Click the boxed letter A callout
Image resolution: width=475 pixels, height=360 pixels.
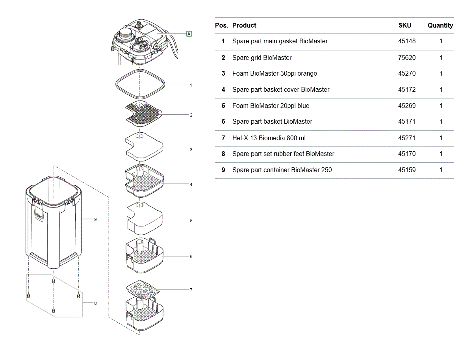189,34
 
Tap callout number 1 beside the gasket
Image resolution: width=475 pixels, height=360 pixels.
191,85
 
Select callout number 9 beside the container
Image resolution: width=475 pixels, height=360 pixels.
95,219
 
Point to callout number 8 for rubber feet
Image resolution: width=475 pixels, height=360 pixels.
95,303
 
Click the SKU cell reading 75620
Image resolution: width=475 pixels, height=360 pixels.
406,58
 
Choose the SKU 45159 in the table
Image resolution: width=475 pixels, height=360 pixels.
406,170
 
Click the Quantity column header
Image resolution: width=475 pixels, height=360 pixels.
440,25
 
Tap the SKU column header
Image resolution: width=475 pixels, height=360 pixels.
404,25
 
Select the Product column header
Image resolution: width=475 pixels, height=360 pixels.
244,25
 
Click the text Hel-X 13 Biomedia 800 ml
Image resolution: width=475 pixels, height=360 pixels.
269,138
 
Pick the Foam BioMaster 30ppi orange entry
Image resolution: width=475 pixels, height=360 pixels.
275,74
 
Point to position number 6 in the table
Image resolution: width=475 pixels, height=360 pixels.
223,122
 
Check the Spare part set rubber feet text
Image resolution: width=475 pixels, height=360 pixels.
283,154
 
